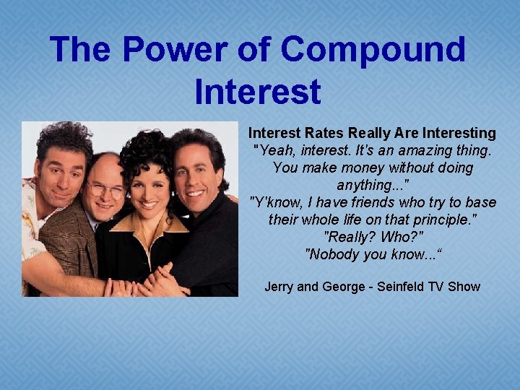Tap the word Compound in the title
(x=373, y=51)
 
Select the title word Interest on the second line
(x=258, y=92)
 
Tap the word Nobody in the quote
(x=335, y=254)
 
